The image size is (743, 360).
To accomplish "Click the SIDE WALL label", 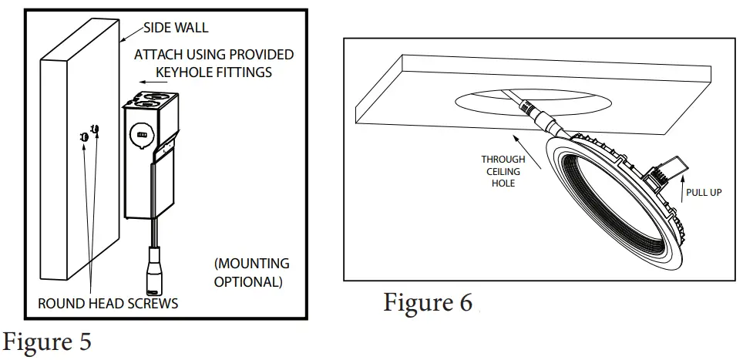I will coord(176,29).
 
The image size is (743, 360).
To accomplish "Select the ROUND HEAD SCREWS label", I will coord(108,304).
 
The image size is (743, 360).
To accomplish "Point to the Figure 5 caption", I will coord(48,341).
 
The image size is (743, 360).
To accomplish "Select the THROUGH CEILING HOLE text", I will coord(503,171).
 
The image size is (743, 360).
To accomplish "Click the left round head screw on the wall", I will coord(83,136).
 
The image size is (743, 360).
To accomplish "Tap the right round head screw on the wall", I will coord(95,129).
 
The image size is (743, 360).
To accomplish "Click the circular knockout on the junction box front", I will coord(141,133).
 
